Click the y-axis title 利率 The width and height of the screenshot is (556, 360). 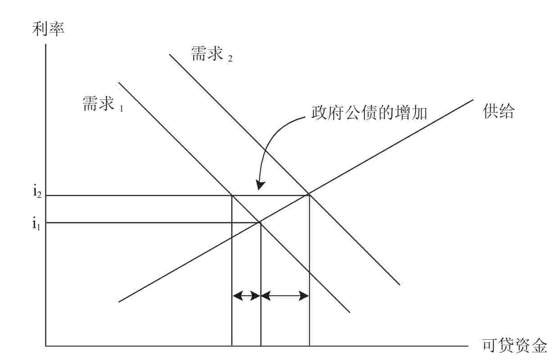tap(49, 29)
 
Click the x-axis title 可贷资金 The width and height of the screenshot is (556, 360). tap(515, 346)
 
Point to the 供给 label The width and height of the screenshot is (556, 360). tap(499, 112)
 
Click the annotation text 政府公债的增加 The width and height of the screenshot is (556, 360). tap(369, 112)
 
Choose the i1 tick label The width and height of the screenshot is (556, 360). tap(36, 223)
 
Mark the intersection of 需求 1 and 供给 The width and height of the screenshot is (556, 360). tap(260, 222)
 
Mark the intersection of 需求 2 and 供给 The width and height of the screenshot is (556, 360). tap(309, 195)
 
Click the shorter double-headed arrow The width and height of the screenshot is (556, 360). tap(246, 296)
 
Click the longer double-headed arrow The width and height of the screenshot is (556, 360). tap(285, 296)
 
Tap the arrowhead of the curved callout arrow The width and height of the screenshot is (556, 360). tap(260, 186)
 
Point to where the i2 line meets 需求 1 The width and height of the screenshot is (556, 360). tap(232, 195)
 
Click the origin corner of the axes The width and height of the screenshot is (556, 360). tap(46, 346)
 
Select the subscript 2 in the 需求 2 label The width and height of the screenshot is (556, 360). tap(230, 58)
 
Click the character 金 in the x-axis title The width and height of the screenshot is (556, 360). tap(539, 346)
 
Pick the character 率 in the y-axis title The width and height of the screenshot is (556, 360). tap(57, 29)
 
